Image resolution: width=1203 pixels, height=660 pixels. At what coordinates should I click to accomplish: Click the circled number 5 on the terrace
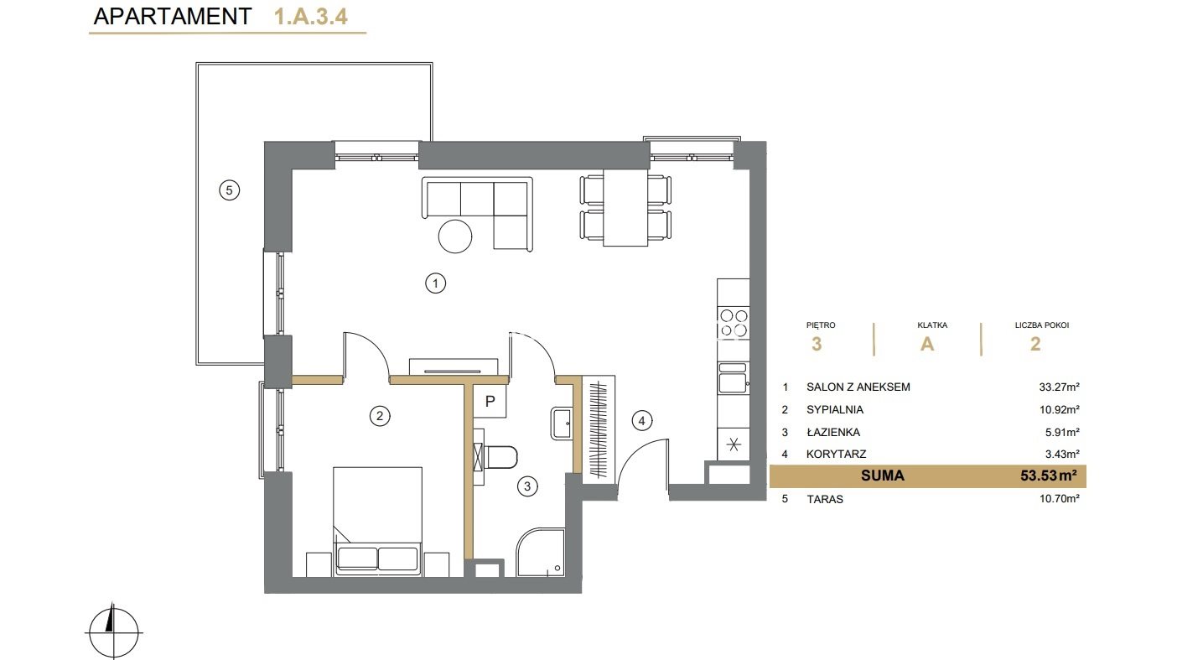pyautogui.click(x=230, y=190)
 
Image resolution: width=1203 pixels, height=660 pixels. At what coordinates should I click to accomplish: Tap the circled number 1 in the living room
pyautogui.click(x=435, y=283)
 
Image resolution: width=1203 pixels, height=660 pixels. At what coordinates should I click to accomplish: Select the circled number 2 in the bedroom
pyautogui.click(x=380, y=415)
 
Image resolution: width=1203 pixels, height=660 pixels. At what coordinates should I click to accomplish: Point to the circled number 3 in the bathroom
pyautogui.click(x=527, y=486)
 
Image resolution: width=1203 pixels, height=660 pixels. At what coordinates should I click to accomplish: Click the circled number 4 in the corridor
pyautogui.click(x=642, y=421)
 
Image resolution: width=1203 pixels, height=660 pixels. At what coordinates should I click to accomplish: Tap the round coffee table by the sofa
pyautogui.click(x=455, y=236)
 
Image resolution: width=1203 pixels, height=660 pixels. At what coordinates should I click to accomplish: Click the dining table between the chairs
pyautogui.click(x=625, y=207)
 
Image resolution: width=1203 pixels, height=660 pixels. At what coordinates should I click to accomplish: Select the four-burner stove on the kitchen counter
pyautogui.click(x=734, y=323)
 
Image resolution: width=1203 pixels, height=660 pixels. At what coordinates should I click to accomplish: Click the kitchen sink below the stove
pyautogui.click(x=733, y=378)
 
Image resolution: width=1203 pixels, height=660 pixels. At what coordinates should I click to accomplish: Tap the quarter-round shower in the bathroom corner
pyautogui.click(x=541, y=553)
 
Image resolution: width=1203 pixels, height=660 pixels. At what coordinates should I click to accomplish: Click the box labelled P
pyautogui.click(x=490, y=402)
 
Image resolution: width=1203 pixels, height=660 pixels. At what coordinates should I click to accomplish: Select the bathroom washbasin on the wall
pyautogui.click(x=562, y=424)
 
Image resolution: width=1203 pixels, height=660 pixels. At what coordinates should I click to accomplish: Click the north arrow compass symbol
pyautogui.click(x=113, y=632)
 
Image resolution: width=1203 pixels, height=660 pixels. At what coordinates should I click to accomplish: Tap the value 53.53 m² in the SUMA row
pyautogui.click(x=1048, y=476)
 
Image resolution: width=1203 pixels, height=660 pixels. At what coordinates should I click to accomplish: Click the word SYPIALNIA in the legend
pyautogui.click(x=835, y=409)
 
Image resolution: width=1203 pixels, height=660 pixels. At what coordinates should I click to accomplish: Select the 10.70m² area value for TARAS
pyautogui.click(x=1059, y=498)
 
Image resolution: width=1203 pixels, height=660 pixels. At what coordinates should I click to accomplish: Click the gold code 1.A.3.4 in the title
pyautogui.click(x=311, y=17)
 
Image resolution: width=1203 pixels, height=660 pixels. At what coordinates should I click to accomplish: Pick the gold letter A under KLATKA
pyautogui.click(x=927, y=344)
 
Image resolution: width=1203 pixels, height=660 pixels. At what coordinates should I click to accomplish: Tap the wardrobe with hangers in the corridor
pyautogui.click(x=599, y=429)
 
